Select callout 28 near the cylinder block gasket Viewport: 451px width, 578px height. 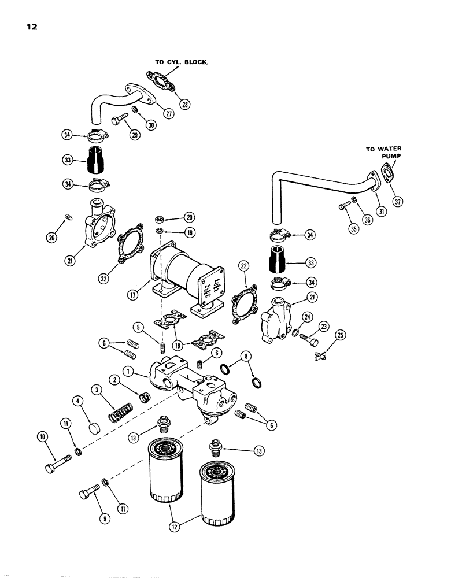(185, 104)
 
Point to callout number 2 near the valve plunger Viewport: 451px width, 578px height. (116, 380)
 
